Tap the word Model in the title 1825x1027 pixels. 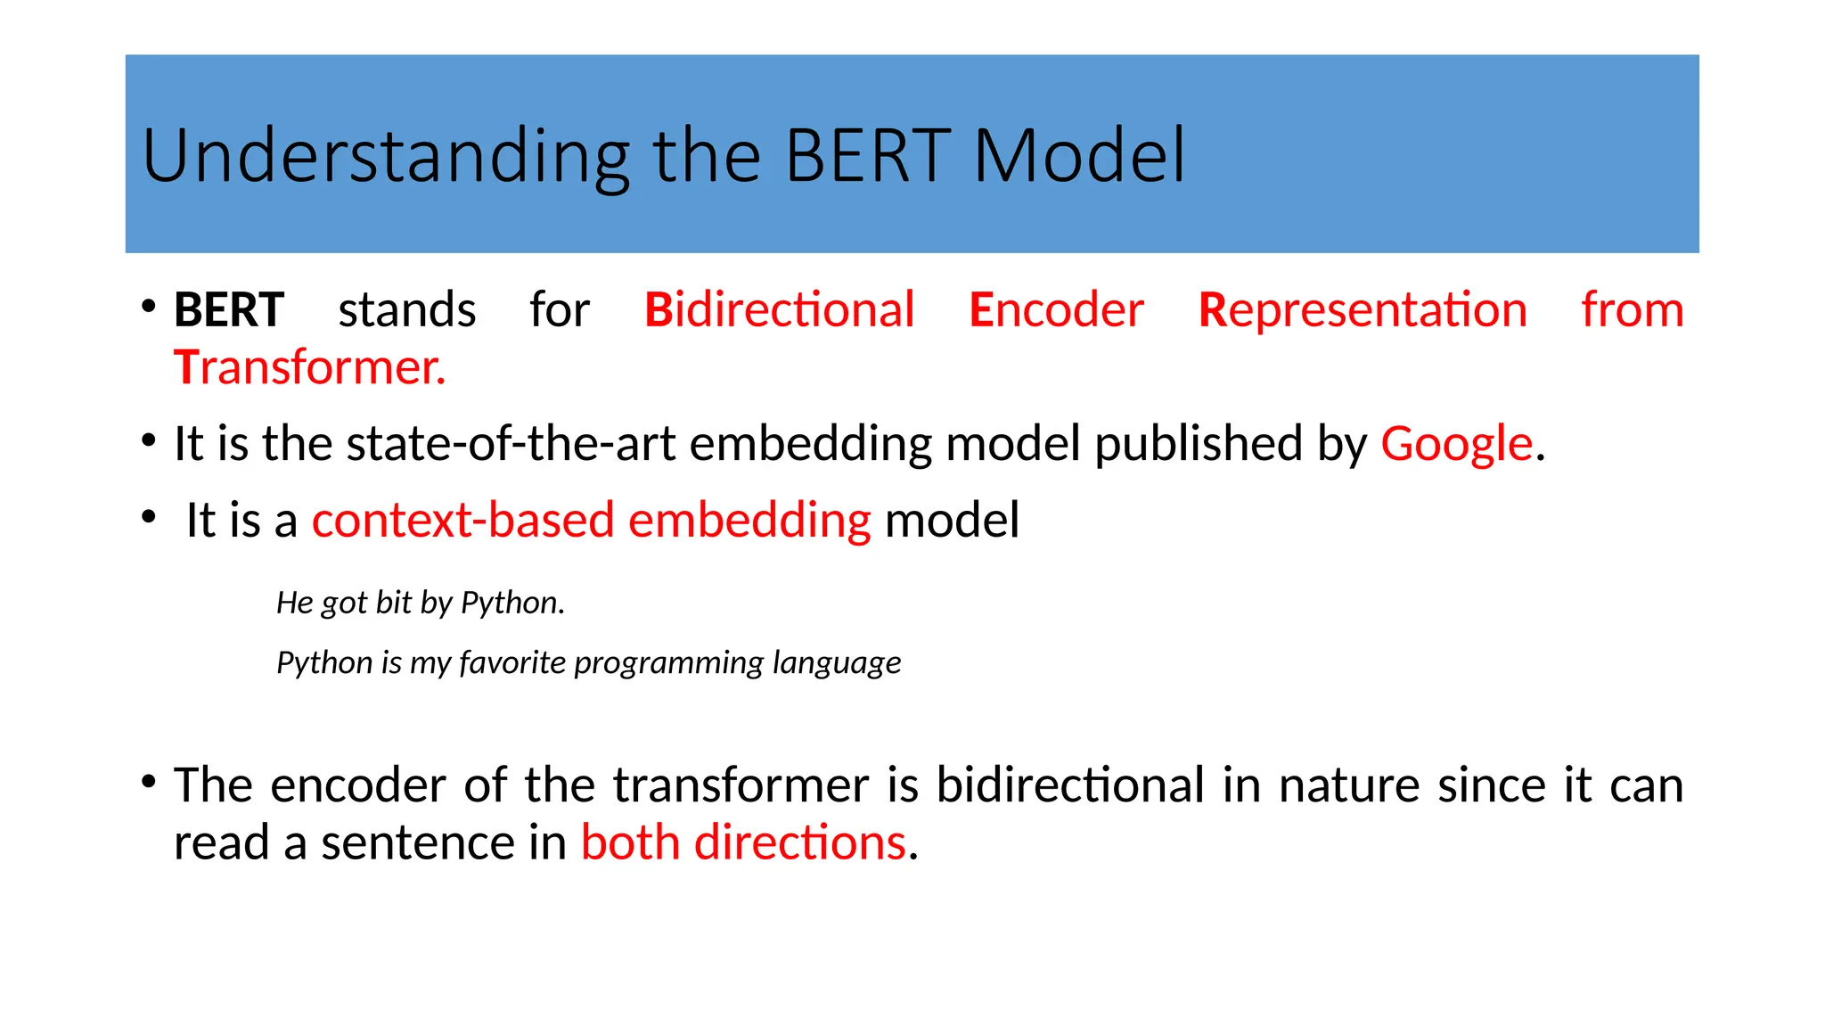[1079, 156]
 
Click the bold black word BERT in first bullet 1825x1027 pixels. [229, 310]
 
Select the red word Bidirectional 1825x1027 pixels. [779, 310]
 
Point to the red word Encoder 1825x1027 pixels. [1056, 310]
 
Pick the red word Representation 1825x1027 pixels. [1363, 310]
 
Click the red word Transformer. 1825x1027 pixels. [308, 367]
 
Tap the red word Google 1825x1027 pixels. [1456, 443]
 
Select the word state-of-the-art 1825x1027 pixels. [511, 443]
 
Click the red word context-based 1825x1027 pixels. [462, 520]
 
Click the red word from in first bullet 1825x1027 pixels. [1632, 310]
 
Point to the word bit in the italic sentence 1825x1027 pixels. [393, 604]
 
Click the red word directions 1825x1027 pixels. [799, 842]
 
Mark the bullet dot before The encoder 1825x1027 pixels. [149, 783]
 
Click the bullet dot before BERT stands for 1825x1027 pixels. [149, 308]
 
